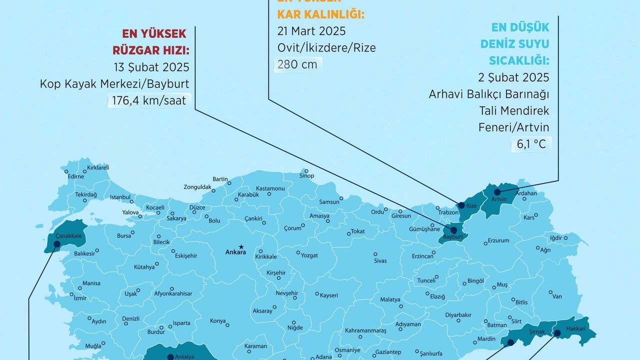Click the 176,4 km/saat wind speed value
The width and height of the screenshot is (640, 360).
click(148, 100)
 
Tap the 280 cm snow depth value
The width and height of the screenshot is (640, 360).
click(298, 64)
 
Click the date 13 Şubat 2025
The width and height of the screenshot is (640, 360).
click(151, 67)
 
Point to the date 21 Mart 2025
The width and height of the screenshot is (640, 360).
click(311, 31)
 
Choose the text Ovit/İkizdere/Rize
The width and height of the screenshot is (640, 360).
click(326, 48)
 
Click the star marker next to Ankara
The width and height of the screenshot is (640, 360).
click(241, 246)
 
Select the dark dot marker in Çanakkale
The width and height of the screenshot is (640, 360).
click(56, 244)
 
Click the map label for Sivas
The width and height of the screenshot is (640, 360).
click(380, 260)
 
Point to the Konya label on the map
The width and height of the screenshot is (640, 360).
click(218, 321)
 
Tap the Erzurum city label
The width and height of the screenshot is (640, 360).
click(498, 240)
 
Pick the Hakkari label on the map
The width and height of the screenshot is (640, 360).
click(575, 329)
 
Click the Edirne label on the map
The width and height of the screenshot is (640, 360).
click(76, 176)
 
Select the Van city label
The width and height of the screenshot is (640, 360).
click(557, 296)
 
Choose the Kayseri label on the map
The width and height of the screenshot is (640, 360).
click(329, 295)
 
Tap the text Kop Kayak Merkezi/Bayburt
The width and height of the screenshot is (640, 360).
click(114, 84)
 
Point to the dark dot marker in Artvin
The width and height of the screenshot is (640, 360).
click(497, 192)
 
